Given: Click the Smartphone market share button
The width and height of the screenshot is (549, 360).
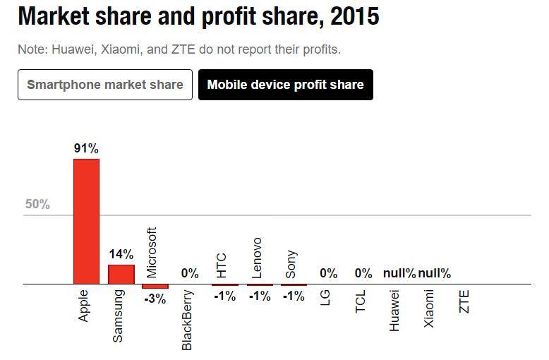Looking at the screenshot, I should pos(104,85).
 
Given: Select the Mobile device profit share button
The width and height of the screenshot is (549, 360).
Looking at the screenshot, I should pos(285,85).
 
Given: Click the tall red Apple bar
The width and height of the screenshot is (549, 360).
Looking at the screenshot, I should pos(86,221).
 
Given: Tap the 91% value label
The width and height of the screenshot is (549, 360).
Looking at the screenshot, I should pos(86,148).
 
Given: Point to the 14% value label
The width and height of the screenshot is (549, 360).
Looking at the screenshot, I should pos(121,255).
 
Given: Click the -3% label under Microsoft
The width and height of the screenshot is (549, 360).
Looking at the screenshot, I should pos(155,299).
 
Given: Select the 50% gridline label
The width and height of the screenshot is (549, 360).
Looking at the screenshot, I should pos(37,205).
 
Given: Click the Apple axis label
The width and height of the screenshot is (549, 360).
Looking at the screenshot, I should pos(85,306).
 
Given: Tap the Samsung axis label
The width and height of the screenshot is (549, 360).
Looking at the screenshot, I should pos(119,316).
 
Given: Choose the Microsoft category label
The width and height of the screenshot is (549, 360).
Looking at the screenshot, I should pos(152,252).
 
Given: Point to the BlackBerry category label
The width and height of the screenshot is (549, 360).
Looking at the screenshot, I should pos(187,320).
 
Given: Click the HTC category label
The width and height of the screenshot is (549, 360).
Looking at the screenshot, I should pos(222,265).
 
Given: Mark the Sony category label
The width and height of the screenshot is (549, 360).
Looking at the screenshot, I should pos(291,265).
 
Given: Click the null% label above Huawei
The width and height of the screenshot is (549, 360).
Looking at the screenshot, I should pos(399,273).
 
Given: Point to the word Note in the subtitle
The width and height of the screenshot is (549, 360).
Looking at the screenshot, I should pos(30,50).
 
